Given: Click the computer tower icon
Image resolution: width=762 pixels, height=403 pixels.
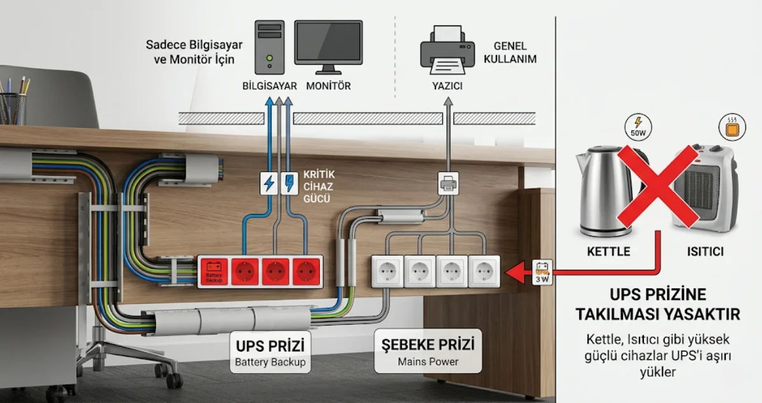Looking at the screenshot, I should (x=270, y=48).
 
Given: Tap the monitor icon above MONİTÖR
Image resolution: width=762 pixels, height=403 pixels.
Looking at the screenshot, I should (x=328, y=46).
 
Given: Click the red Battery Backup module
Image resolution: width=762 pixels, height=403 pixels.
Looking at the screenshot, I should (x=213, y=271).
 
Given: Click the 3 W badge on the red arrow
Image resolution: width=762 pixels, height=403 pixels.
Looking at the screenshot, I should (x=543, y=272).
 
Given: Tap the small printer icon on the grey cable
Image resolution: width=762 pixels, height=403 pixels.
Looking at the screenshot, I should (x=448, y=184).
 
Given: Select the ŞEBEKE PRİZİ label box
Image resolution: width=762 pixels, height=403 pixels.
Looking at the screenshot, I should (x=424, y=351).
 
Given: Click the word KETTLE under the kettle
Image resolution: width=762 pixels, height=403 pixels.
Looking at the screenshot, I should (x=608, y=251).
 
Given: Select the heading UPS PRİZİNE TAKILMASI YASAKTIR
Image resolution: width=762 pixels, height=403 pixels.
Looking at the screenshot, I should (x=657, y=304).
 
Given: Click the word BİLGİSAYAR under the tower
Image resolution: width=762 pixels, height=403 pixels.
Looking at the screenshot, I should (x=270, y=86).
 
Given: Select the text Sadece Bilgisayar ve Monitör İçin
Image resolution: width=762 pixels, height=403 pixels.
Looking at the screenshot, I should (x=190, y=52).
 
